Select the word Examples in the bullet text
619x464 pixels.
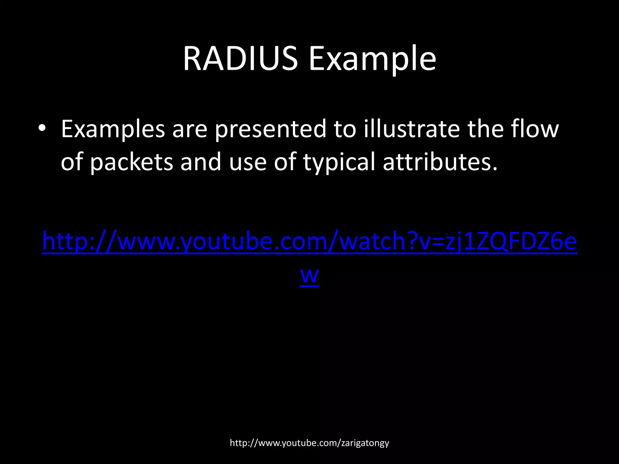[113, 129]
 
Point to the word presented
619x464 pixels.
[271, 129]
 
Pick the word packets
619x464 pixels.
[131, 162]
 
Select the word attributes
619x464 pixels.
[440, 162]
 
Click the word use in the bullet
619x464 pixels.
[248, 162]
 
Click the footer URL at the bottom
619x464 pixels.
[309, 443]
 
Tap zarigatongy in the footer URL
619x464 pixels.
[365, 443]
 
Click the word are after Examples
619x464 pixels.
[190, 129]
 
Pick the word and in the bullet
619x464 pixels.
[201, 162]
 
